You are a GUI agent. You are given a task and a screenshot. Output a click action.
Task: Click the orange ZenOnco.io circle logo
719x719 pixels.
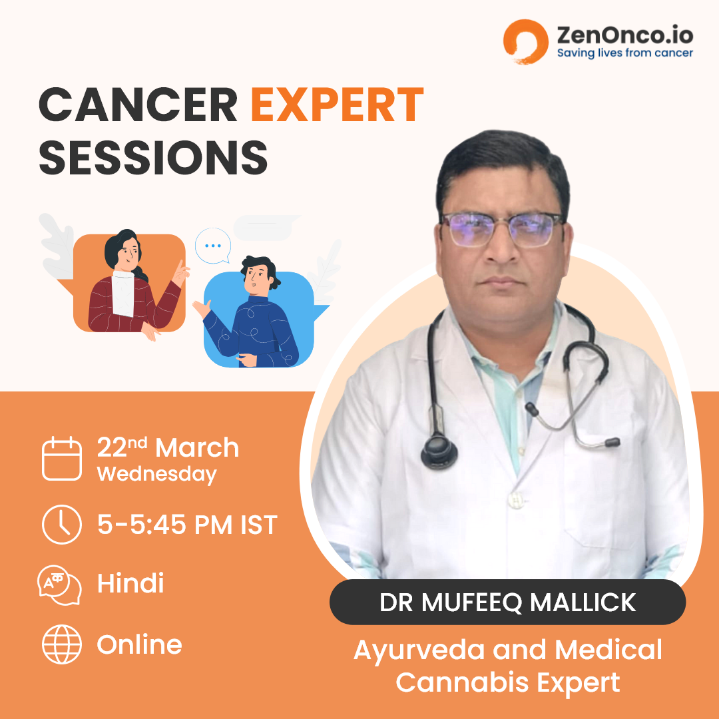(x=525, y=41)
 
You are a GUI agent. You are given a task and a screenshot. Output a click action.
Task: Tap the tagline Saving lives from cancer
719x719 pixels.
(x=624, y=53)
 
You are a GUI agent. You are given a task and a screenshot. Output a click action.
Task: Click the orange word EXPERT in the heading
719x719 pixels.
(x=337, y=105)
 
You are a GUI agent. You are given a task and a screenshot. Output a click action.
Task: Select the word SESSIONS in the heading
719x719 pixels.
(x=154, y=157)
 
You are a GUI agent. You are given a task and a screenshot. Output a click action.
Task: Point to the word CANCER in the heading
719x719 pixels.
(x=138, y=105)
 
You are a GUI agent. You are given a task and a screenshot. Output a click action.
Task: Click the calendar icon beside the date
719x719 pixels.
(x=62, y=459)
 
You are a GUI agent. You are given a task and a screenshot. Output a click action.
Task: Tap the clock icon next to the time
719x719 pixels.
(x=62, y=525)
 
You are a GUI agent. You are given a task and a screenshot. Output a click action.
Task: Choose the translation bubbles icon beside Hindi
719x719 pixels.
(x=60, y=585)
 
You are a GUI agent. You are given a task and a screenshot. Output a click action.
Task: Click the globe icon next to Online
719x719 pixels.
(x=62, y=644)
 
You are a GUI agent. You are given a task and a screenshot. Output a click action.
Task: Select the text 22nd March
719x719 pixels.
(x=168, y=447)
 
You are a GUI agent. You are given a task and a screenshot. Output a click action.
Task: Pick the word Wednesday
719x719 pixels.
(x=157, y=474)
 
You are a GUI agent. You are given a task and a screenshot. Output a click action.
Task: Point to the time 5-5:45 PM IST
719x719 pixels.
(x=187, y=525)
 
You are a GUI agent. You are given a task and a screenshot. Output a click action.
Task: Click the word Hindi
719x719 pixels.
(x=130, y=583)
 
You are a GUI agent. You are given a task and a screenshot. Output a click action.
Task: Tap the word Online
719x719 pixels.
(x=139, y=644)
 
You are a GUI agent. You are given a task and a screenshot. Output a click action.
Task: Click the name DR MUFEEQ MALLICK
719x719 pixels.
(x=507, y=602)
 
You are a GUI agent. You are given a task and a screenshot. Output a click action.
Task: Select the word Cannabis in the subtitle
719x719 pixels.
(x=463, y=682)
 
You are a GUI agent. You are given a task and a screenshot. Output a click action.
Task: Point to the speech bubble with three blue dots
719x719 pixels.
(x=213, y=246)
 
